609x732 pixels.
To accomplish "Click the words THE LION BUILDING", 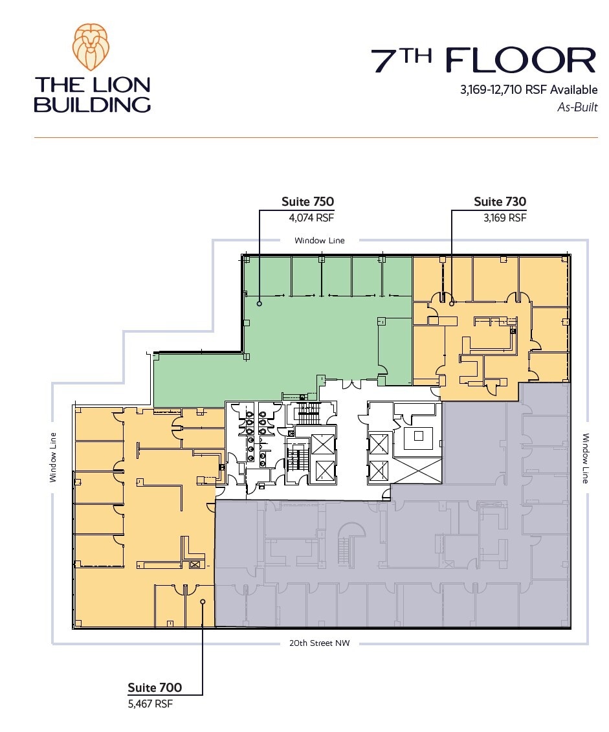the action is pos(93,94).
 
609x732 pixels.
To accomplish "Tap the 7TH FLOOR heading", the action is pos(483,60).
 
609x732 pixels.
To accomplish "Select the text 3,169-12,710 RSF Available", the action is pos(529,89).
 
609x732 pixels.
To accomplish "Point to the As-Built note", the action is pos(577,107).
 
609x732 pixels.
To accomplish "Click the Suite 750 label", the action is pos(307,202).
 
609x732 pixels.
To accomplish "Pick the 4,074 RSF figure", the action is pos(311,217).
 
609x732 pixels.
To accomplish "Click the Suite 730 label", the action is pos(500,202).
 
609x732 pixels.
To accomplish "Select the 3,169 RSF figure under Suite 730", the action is pos(505,217).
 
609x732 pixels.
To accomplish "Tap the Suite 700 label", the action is pos(155,687).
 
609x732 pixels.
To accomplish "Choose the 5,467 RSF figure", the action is pos(150,704).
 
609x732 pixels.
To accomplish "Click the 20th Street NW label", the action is pos(320,643).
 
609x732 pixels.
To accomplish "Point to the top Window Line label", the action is pos(320,240).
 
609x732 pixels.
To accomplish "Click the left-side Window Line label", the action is pos(52,457).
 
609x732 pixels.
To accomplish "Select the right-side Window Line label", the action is pos(586,458).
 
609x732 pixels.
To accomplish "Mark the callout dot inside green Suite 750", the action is pos(260,304).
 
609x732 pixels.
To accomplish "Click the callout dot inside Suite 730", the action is pos(452,304).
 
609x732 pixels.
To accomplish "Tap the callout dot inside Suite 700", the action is pos(203,602).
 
